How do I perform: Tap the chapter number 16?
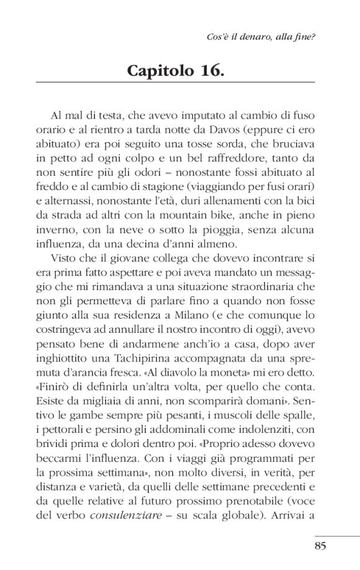tap(209, 70)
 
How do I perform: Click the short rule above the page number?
tap(337, 536)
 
